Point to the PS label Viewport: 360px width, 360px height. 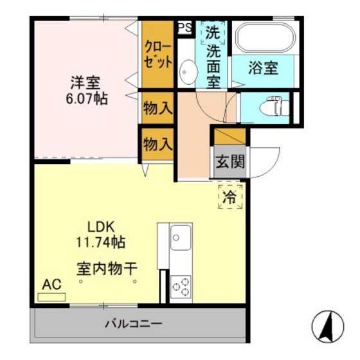pos(184,27)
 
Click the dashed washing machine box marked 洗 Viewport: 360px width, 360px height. pos(212,32)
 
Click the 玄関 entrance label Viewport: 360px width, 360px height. pos(230,161)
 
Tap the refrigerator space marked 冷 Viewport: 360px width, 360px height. pos(230,197)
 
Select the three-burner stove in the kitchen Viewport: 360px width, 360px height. pos(181,286)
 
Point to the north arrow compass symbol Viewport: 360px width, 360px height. pos(328,327)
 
